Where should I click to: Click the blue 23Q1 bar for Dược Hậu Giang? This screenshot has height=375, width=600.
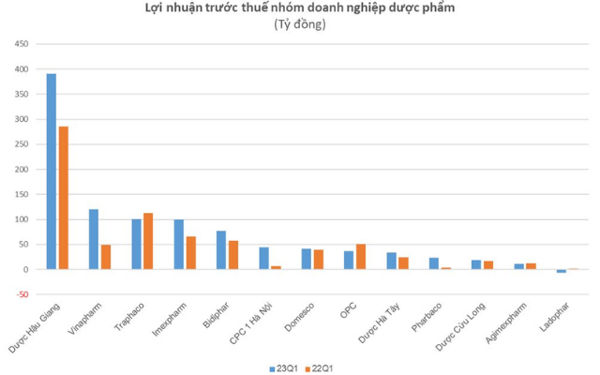pyautogui.click(x=52, y=171)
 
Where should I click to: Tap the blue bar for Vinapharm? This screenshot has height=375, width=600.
pyautogui.click(x=94, y=239)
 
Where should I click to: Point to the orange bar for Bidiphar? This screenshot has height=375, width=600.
pyautogui.click(x=233, y=255)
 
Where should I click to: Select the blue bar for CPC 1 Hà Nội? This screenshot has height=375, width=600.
pyautogui.click(x=264, y=258)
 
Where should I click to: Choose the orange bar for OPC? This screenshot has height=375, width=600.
pyautogui.click(x=361, y=256)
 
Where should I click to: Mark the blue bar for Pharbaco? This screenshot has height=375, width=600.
pyautogui.click(x=434, y=263)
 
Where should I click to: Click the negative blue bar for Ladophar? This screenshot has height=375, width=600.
pyautogui.click(x=562, y=271)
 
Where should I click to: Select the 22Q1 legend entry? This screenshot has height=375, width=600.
pyautogui.click(x=318, y=367)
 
